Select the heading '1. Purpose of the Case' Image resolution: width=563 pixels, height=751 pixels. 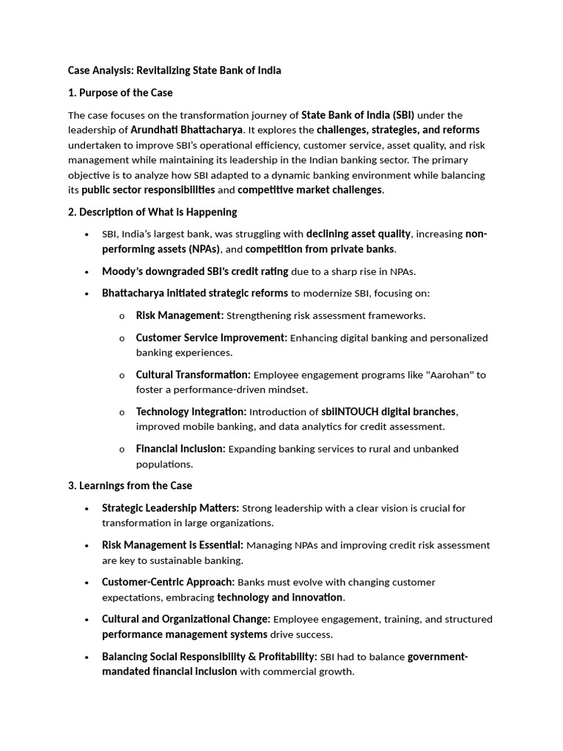point(120,92)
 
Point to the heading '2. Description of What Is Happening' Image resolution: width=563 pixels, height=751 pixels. point(152,212)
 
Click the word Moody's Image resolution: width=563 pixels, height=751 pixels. point(122,271)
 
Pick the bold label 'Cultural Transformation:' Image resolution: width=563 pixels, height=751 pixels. point(193,375)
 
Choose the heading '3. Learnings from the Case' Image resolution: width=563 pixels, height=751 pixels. point(130,486)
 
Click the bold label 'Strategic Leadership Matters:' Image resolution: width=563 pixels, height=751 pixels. point(170,508)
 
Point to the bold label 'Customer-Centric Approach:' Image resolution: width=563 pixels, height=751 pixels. point(168,582)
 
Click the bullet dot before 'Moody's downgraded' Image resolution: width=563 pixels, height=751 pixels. point(87,272)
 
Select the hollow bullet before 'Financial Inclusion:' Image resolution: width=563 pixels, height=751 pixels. point(121,450)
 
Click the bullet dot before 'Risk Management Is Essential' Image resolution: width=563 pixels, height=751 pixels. point(87,546)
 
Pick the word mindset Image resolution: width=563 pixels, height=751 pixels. point(287,389)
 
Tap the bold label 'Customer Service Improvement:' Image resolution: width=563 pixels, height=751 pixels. point(211,338)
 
